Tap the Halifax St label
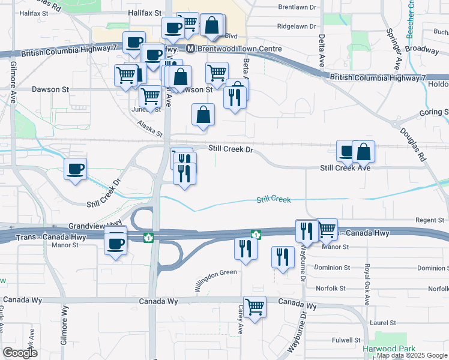click(145, 13)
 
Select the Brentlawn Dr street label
click(297, 7)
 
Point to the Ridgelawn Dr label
click(297, 26)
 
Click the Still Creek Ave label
click(345, 168)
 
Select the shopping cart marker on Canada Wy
click(255, 307)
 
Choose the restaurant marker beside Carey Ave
click(245, 248)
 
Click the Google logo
click(20, 353)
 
